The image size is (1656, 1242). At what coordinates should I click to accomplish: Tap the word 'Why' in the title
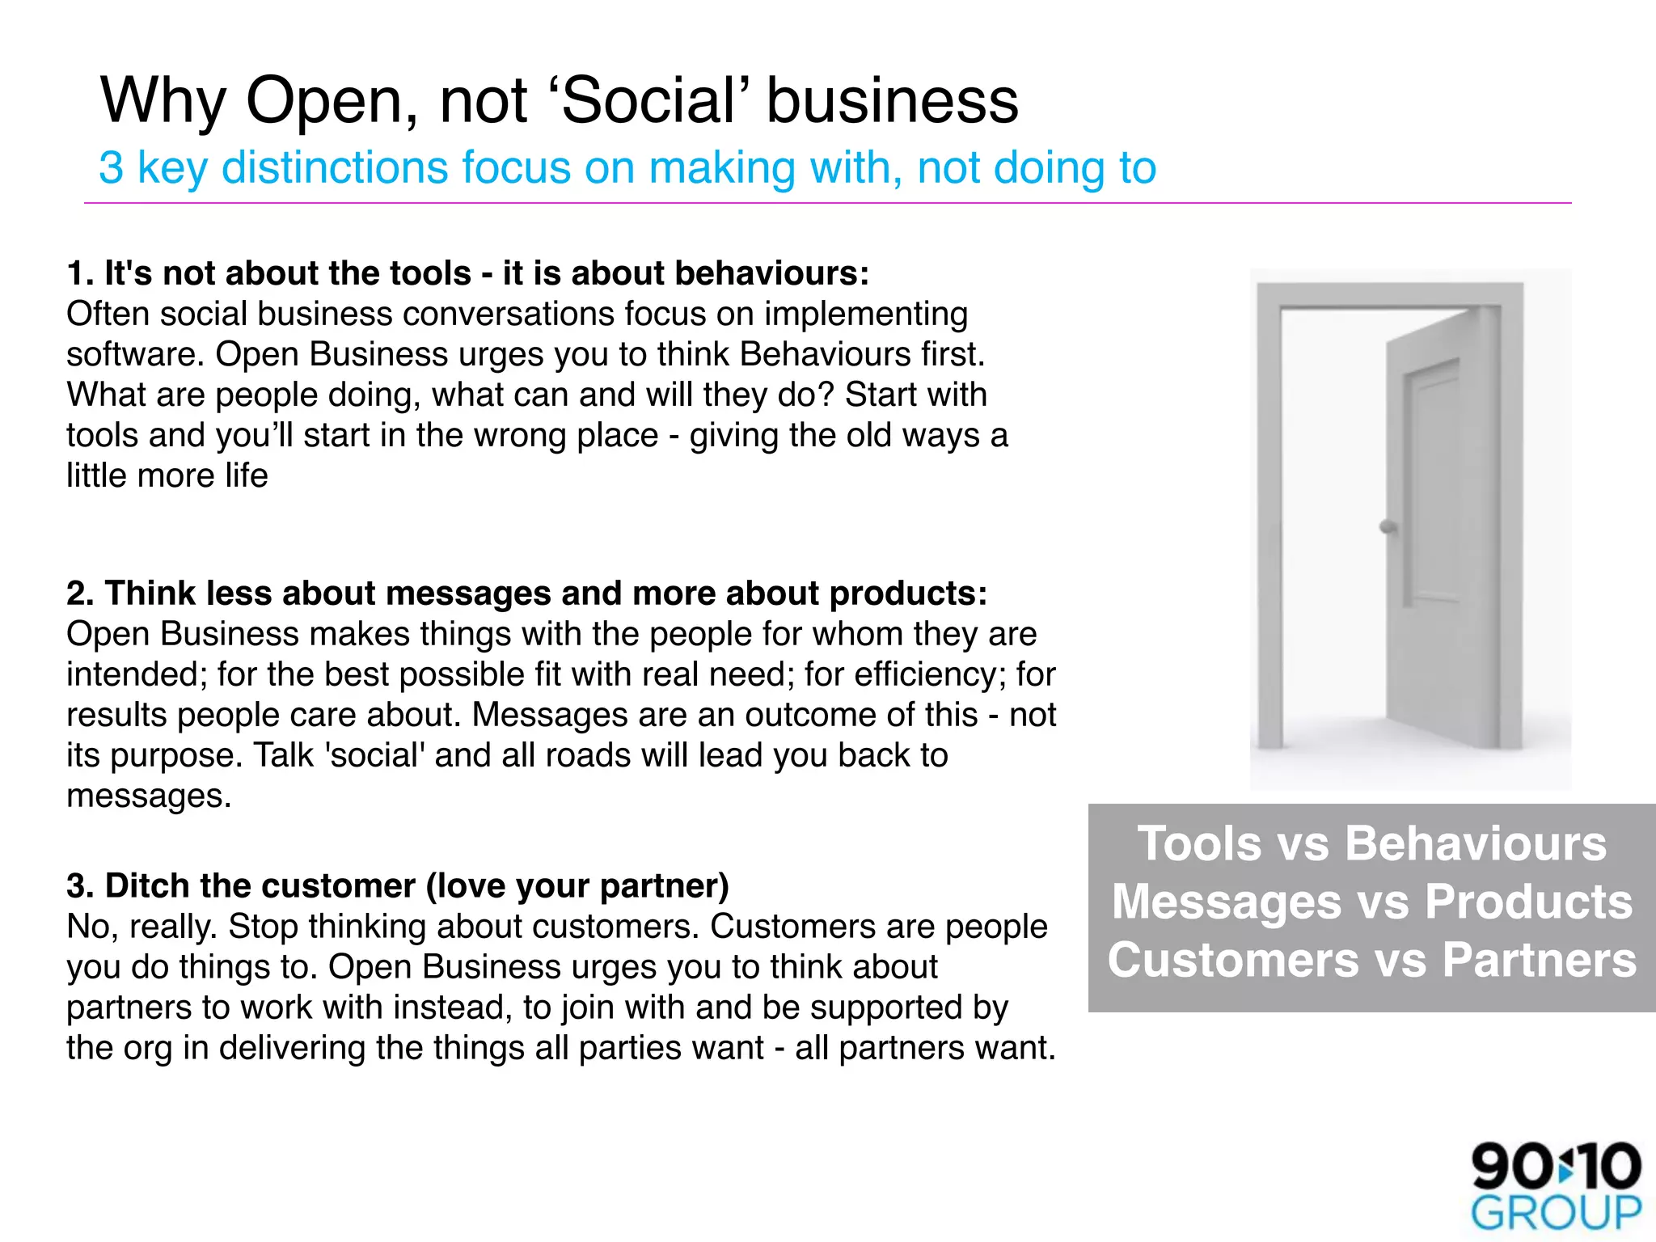point(163,101)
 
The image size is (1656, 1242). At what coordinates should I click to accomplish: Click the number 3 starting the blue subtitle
point(111,168)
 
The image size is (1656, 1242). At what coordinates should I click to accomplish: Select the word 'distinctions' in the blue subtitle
point(335,168)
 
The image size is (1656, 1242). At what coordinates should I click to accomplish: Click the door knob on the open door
point(1388,527)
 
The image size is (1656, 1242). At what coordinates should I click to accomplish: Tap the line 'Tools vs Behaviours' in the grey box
point(1371,844)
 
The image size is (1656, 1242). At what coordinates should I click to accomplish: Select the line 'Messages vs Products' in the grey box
point(1371,902)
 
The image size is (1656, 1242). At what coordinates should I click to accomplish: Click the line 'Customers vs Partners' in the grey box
point(1371,961)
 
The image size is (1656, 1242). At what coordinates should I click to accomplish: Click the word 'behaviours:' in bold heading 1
point(772,273)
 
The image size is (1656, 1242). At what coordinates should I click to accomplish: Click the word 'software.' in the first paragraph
point(136,355)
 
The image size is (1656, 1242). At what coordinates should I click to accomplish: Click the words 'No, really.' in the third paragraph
point(142,927)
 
